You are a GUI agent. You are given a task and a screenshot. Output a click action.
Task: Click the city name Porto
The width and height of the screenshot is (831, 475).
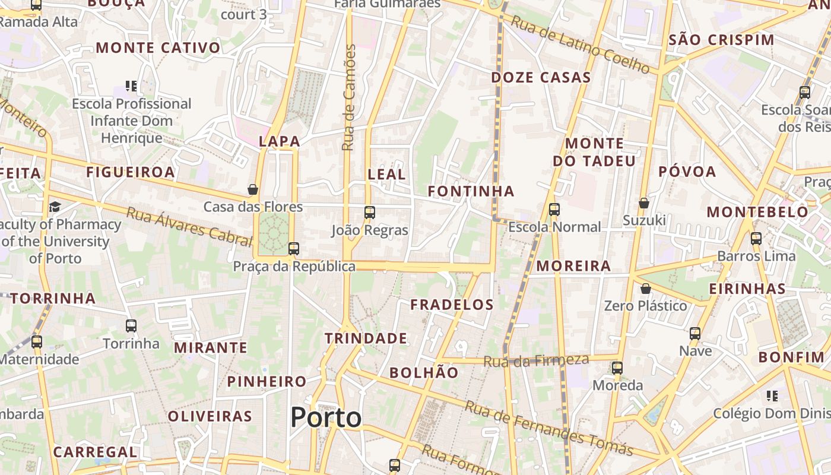pyautogui.click(x=326, y=417)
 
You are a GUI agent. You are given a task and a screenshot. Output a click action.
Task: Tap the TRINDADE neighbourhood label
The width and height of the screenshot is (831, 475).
pyautogui.click(x=366, y=338)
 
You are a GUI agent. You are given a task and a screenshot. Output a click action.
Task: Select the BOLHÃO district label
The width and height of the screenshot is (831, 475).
pyautogui.click(x=424, y=373)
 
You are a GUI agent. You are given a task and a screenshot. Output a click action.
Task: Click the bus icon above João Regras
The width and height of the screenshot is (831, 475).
pyautogui.click(x=370, y=212)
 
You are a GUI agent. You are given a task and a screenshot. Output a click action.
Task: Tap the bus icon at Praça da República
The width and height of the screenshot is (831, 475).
pyautogui.click(x=294, y=249)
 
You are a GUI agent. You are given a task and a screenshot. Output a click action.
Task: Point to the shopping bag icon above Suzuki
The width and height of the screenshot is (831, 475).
pyautogui.click(x=644, y=203)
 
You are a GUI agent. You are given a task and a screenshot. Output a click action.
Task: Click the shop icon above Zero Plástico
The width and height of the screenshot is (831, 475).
pyautogui.click(x=645, y=289)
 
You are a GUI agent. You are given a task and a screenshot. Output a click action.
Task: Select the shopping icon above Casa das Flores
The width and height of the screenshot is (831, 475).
pyautogui.click(x=253, y=189)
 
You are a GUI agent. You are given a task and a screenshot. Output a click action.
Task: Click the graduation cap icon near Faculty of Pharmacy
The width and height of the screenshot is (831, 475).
pyautogui.click(x=55, y=207)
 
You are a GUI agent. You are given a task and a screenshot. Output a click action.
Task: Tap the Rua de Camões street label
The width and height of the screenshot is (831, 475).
pyautogui.click(x=350, y=97)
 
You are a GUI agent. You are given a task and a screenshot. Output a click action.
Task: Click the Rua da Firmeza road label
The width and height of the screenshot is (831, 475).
pyautogui.click(x=536, y=360)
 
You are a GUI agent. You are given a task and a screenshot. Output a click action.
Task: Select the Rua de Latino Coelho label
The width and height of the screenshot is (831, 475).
pyautogui.click(x=580, y=45)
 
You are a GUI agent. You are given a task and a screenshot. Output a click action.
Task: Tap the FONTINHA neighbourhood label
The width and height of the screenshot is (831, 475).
pyautogui.click(x=471, y=191)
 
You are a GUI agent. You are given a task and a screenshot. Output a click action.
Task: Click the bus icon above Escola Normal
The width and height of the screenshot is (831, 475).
pyautogui.click(x=554, y=209)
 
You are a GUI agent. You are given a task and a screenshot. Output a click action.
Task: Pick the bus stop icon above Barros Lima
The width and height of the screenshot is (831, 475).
pyautogui.click(x=756, y=239)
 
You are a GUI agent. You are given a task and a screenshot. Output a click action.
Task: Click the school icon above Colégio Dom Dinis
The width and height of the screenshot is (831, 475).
pyautogui.click(x=772, y=395)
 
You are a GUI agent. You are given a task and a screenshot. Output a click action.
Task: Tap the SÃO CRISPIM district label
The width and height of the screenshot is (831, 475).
pyautogui.click(x=721, y=40)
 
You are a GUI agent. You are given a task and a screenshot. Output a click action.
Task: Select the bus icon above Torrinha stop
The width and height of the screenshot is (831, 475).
pyautogui.click(x=131, y=326)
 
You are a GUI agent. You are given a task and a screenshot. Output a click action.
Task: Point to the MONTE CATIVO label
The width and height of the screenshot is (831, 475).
pyautogui.click(x=158, y=48)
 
